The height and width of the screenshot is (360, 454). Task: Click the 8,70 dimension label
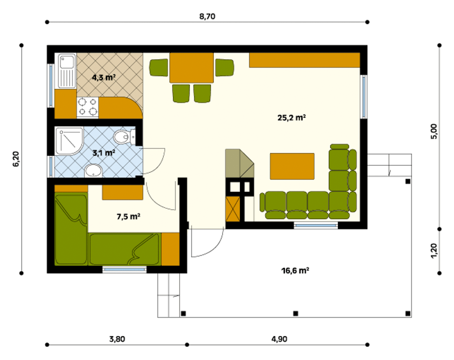(207, 16)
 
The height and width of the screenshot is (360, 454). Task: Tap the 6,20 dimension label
(16, 159)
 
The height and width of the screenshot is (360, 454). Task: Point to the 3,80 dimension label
(117, 339)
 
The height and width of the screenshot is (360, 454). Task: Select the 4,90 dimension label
(279, 339)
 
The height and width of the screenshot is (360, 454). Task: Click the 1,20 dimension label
(434, 251)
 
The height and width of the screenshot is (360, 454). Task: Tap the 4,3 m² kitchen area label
(104, 78)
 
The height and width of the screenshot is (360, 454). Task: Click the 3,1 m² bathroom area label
(104, 153)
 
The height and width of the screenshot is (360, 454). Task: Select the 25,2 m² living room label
(292, 118)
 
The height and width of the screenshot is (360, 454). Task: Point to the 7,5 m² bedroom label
(128, 216)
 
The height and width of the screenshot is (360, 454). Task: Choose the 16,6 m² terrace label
(295, 270)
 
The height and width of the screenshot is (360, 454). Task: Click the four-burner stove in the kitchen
(88, 107)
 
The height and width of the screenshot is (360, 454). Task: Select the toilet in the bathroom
(124, 137)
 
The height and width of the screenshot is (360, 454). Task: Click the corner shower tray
(69, 141)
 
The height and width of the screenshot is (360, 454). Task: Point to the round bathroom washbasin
(93, 170)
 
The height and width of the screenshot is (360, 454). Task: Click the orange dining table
(191, 68)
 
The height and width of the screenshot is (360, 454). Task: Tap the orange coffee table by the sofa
(292, 166)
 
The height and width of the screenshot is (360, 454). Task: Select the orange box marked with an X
(233, 209)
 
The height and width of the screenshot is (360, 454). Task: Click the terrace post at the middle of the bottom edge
(295, 314)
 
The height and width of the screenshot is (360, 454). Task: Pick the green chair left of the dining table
(159, 67)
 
